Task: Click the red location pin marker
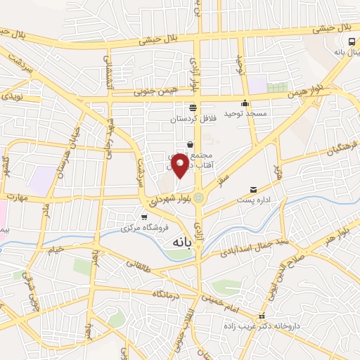click(x=180, y=166)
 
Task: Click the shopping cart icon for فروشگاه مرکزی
click(x=144, y=217)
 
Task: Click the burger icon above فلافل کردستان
click(x=193, y=107)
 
